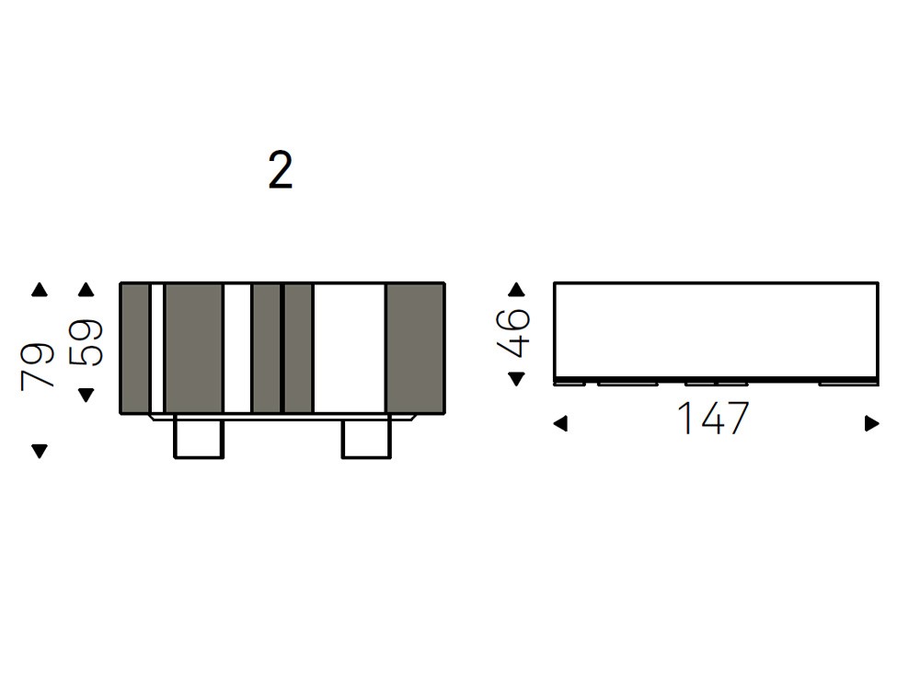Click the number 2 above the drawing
(x=281, y=170)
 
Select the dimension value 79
(x=37, y=366)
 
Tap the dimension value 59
(x=86, y=342)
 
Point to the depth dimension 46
(x=513, y=333)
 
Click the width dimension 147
(x=713, y=418)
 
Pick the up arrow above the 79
(x=40, y=289)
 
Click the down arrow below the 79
(x=40, y=451)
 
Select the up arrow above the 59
(x=86, y=289)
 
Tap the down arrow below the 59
(x=86, y=395)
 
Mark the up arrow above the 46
(x=516, y=289)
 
